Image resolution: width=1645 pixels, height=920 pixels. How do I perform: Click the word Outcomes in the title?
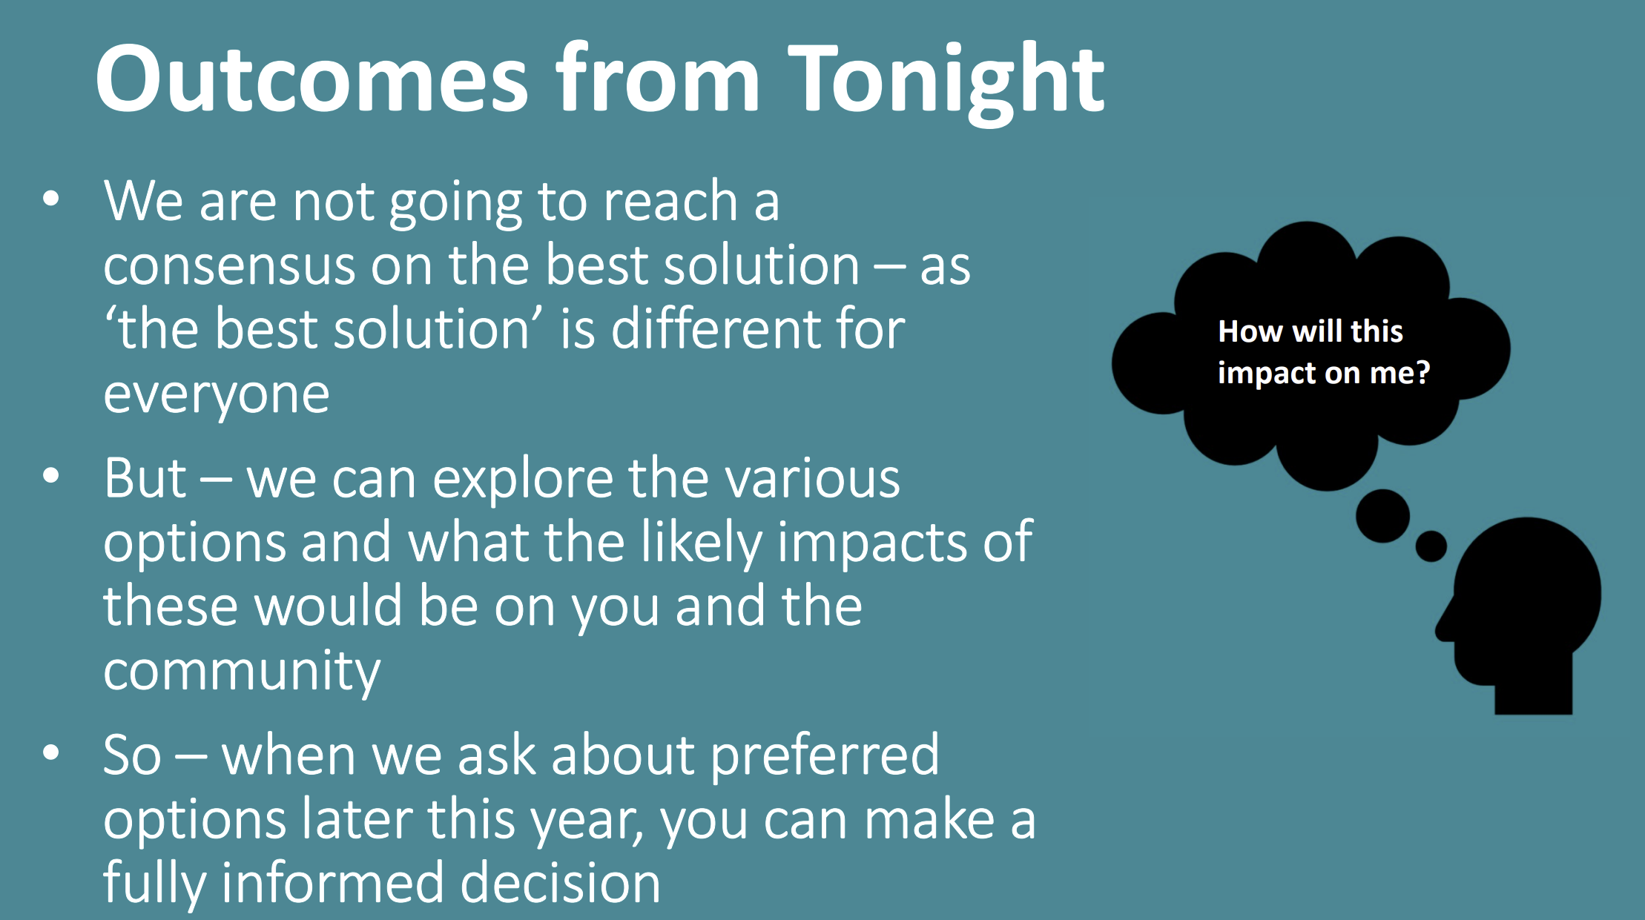pos(312,78)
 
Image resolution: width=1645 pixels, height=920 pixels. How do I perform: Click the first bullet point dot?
pos(51,199)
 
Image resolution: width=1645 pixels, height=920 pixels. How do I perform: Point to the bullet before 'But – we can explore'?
pos(51,476)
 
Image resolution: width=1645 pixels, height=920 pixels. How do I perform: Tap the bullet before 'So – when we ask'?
pos(51,753)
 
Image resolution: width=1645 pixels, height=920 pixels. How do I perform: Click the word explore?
pos(522,480)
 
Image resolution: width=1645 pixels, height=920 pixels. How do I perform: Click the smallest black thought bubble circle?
pos(1431,546)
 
